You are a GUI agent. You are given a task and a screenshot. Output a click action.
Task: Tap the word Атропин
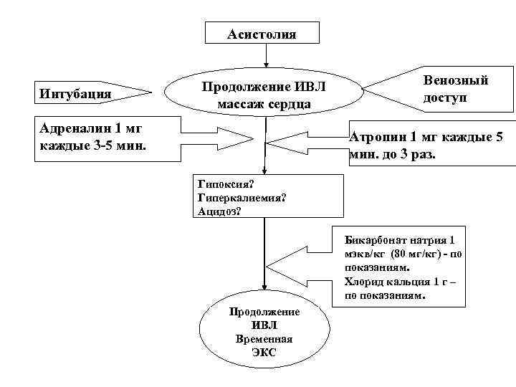click(x=376, y=137)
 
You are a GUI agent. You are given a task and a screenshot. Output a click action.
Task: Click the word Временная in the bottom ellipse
click(x=263, y=338)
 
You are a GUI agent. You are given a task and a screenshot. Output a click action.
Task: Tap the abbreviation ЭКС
click(x=263, y=352)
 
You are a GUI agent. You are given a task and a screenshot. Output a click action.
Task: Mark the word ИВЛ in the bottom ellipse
click(x=263, y=325)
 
